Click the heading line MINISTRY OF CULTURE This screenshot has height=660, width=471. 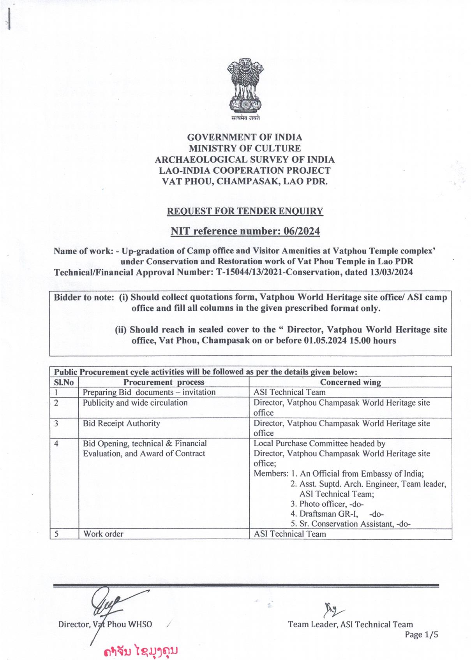click(x=245, y=148)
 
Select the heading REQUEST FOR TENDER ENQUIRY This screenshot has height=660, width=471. click(x=245, y=211)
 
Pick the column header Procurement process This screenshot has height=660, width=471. click(x=164, y=382)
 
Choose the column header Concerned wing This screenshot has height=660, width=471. click(x=350, y=382)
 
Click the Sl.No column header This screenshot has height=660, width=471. click(x=64, y=382)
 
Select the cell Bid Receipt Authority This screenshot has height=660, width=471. click(x=121, y=424)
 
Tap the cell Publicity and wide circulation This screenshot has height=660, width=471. click(x=135, y=403)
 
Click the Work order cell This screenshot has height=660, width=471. click(x=103, y=534)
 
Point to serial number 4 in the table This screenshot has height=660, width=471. click(x=56, y=444)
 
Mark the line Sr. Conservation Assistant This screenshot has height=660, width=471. click(x=351, y=524)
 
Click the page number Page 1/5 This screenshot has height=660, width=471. click(x=421, y=635)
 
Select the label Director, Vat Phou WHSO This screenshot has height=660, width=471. click(x=105, y=625)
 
